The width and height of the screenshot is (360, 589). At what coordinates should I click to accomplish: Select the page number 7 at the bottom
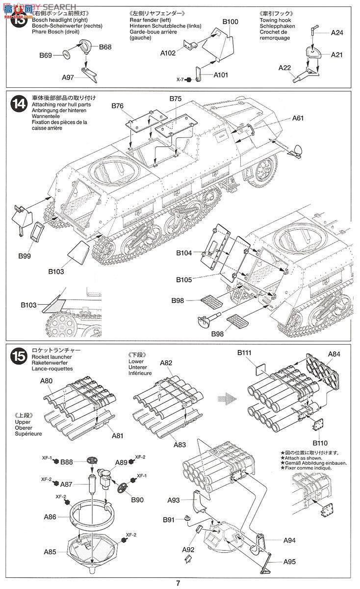coord(179,583)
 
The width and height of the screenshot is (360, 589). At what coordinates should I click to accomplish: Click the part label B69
coord(46,56)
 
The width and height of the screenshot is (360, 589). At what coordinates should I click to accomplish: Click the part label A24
coord(337,33)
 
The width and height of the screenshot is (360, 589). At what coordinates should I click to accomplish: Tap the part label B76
coord(118,106)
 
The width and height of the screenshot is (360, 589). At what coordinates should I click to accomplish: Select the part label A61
coord(299,118)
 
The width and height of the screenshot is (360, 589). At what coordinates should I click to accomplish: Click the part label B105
coord(185,279)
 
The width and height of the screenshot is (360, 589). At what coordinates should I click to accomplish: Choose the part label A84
coord(334,354)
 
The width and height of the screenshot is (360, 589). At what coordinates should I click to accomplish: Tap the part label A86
coord(50,516)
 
